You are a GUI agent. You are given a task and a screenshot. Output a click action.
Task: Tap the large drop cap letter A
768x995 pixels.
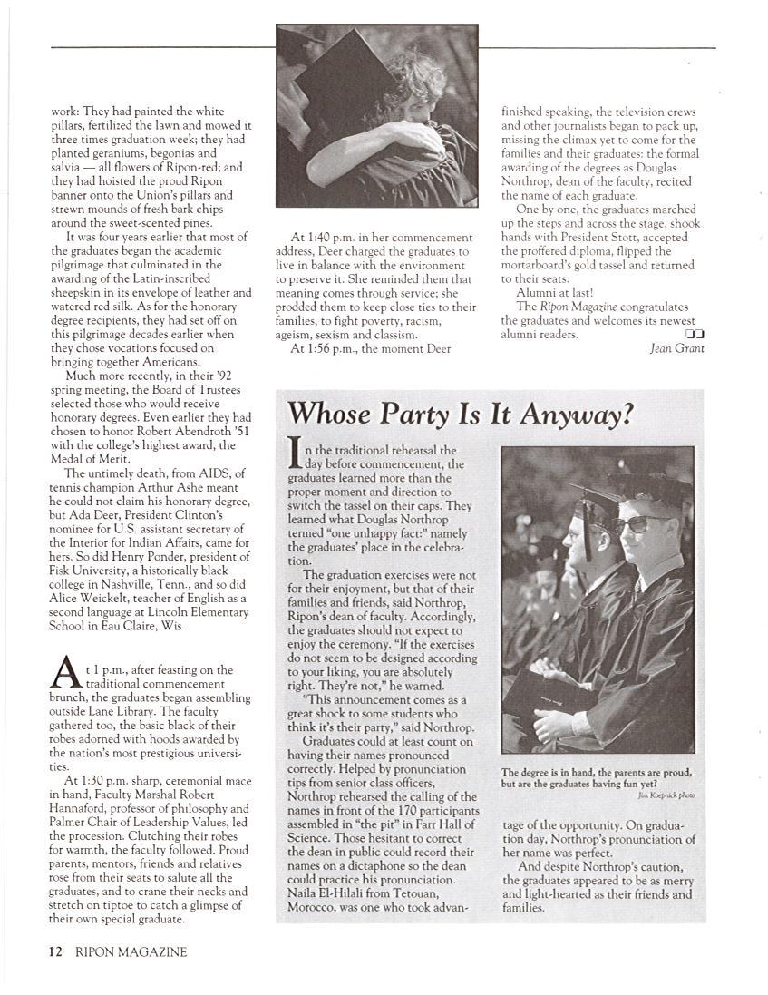63,675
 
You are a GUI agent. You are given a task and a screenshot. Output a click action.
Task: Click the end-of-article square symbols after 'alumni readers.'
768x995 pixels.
695,334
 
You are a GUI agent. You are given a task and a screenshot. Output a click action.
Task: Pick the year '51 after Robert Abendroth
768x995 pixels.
224,431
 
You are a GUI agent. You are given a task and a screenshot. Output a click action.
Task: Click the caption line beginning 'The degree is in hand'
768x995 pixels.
597,773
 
